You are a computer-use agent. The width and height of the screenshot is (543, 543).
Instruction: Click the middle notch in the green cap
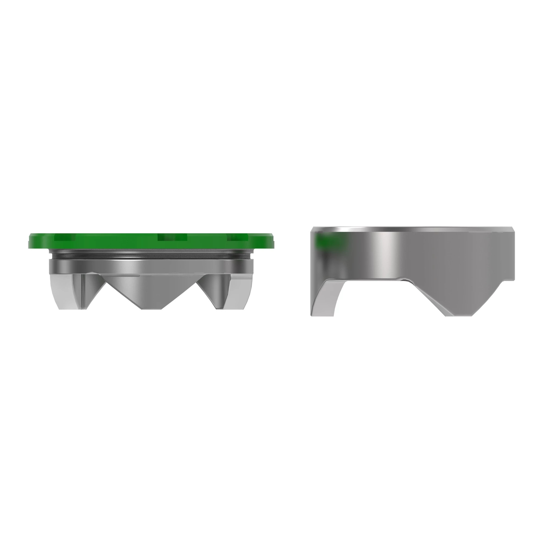pyautogui.click(x=172, y=238)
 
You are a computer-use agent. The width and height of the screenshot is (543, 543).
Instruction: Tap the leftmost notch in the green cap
pyautogui.click(x=65, y=238)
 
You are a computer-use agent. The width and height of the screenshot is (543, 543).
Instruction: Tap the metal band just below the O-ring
pyautogui.click(x=152, y=267)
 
